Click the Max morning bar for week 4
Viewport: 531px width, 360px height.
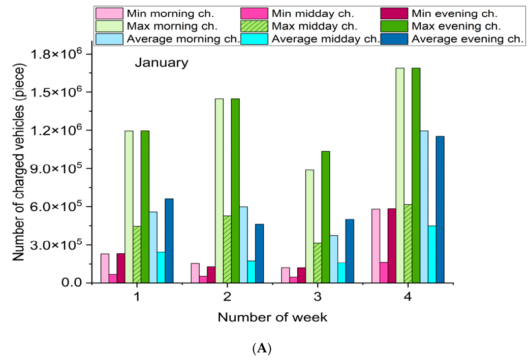pyautogui.click(x=400, y=175)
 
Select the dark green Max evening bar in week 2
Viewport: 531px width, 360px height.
pyautogui.click(x=235, y=191)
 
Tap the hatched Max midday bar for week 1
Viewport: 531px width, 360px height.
pyautogui.click(x=137, y=254)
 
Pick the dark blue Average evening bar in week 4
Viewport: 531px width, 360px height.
pyautogui.click(x=440, y=209)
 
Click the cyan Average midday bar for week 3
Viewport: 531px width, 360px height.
pyautogui.click(x=341, y=273)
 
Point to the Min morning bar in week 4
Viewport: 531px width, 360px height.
pyautogui.click(x=376, y=246)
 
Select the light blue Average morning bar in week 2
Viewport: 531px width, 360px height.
pyautogui.click(x=243, y=245)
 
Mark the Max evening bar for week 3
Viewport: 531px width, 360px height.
pyautogui.click(x=326, y=217)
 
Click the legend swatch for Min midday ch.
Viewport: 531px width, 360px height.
pyautogui.click(x=255, y=14)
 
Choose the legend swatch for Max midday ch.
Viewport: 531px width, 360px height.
pyautogui.click(x=255, y=26)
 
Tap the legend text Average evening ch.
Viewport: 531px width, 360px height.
pyautogui.click(x=467, y=39)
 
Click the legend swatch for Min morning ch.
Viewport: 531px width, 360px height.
pyautogui.click(x=109, y=14)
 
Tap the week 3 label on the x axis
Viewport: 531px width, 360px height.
pyautogui.click(x=318, y=297)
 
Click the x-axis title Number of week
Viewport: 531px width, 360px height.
pyautogui.click(x=272, y=317)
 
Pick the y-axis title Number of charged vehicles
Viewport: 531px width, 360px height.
pyautogui.click(x=19, y=162)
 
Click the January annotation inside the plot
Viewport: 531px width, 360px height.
pyautogui.click(x=162, y=63)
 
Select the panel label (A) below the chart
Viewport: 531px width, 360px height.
pyautogui.click(x=262, y=348)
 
